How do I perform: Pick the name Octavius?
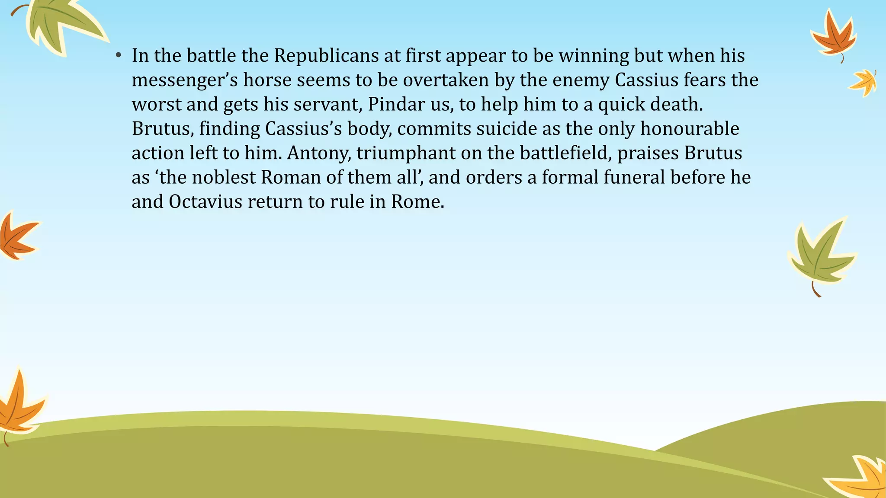click(205, 202)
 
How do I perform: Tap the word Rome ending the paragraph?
click(417, 202)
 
